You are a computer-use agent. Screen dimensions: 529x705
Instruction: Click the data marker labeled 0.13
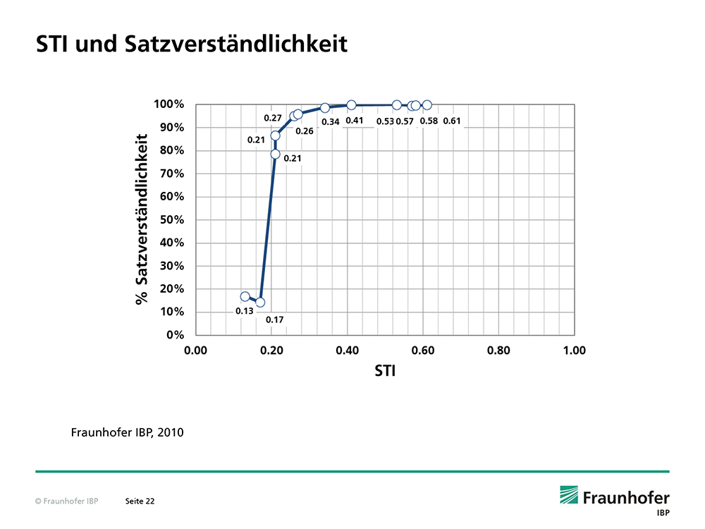(x=245, y=297)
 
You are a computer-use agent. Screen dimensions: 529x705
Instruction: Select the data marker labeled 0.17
(x=260, y=302)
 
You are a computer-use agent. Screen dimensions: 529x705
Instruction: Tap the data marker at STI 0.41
(x=351, y=105)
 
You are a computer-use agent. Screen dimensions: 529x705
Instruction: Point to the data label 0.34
(x=331, y=122)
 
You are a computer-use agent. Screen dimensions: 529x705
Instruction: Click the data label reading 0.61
(x=452, y=121)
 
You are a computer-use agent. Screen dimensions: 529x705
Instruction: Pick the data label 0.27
(x=273, y=117)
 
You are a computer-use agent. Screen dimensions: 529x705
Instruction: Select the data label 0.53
(x=385, y=121)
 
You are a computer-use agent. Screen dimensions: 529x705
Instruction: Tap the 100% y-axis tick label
(x=169, y=104)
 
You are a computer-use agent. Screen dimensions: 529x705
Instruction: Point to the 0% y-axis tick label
(x=176, y=334)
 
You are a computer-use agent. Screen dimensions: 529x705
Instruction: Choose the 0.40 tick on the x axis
(x=347, y=350)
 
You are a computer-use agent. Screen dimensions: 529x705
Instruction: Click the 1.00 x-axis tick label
(x=574, y=350)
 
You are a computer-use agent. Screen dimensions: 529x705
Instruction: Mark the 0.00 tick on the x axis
(x=195, y=350)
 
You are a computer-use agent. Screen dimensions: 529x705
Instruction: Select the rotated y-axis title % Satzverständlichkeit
(x=142, y=219)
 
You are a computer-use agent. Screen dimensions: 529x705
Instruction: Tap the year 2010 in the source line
(x=170, y=432)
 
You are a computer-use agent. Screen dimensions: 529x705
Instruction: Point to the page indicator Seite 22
(x=140, y=501)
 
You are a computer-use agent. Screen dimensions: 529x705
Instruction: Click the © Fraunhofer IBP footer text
(x=66, y=501)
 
